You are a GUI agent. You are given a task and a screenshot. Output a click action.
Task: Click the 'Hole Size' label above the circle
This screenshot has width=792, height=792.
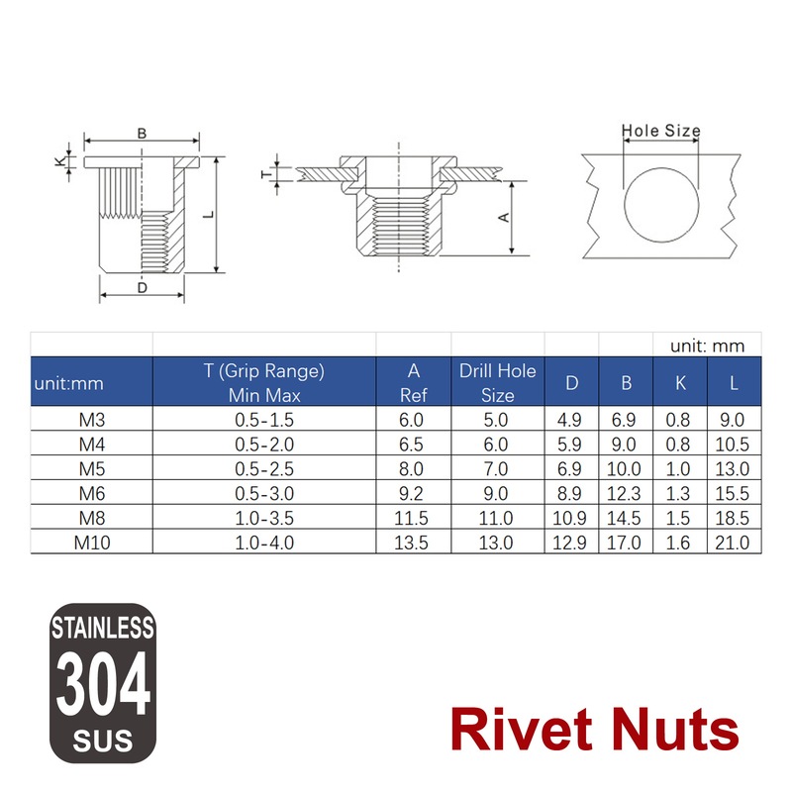660,131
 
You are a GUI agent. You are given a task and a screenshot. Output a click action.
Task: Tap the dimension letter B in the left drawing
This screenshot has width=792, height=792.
142,133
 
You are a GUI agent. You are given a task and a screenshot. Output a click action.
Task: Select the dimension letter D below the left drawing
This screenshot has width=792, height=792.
142,288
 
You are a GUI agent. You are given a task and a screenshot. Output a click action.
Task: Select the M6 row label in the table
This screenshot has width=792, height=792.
91,493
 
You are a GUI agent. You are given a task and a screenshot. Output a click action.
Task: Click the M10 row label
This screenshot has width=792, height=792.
91,543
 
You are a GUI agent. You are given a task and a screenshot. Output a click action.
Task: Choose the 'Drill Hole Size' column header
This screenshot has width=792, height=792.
497,383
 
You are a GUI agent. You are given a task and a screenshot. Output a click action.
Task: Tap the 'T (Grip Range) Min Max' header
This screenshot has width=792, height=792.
264,383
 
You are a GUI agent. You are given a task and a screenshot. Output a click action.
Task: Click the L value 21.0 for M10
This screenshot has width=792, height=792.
732,543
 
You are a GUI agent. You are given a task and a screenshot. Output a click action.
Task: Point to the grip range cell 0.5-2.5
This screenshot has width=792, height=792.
264,468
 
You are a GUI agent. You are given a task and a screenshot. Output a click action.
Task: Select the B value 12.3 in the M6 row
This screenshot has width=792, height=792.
625,493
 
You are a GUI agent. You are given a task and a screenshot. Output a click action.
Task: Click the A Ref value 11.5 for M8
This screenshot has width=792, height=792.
413,518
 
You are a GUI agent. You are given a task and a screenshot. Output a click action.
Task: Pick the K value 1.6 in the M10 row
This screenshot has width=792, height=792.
678,543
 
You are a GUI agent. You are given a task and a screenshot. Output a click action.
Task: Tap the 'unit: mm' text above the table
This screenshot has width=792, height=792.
707,346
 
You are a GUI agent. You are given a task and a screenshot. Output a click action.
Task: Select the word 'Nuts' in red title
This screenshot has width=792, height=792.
677,731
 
